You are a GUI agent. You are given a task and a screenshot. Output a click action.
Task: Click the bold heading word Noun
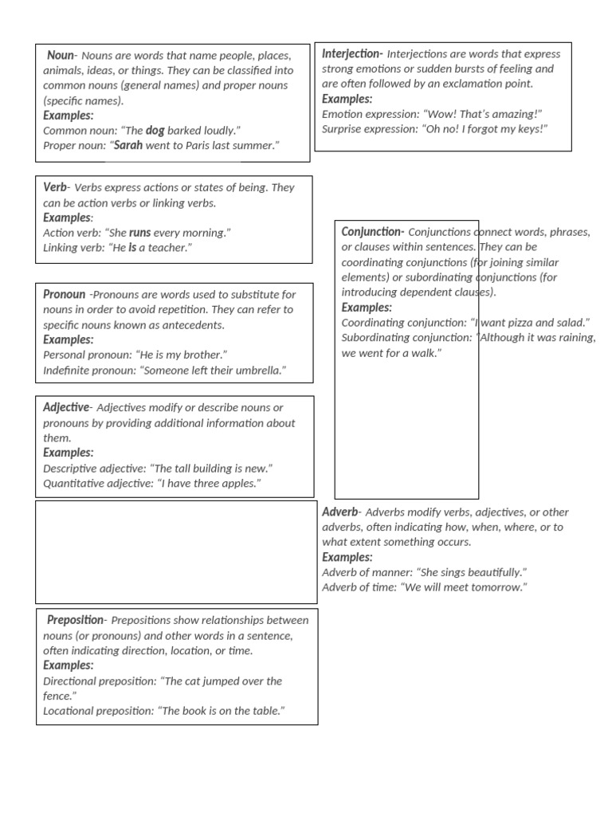pos(61,55)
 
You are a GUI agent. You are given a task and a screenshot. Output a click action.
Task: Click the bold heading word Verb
pos(55,187)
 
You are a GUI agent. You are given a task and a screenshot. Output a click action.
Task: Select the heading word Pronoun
pos(64,294)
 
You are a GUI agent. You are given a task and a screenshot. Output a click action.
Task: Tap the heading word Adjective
pos(67,407)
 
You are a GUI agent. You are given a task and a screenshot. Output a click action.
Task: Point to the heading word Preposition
pos(75,620)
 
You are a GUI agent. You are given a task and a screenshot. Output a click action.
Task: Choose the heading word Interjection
pos(351,53)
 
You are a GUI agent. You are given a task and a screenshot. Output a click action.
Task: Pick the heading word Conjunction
pos(372,231)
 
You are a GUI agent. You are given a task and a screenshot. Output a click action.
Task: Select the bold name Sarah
pos(128,145)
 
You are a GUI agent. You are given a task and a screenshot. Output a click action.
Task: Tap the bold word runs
pos(139,233)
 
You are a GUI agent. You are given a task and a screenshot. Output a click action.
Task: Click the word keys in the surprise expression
pos(527,129)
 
